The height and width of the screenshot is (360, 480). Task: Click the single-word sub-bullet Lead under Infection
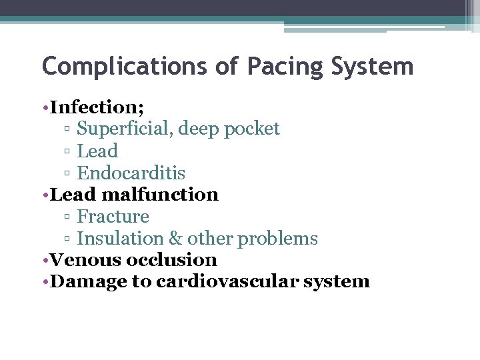click(x=97, y=151)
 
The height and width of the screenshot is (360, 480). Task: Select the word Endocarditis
click(x=131, y=173)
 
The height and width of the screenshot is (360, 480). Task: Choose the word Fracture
click(x=113, y=217)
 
